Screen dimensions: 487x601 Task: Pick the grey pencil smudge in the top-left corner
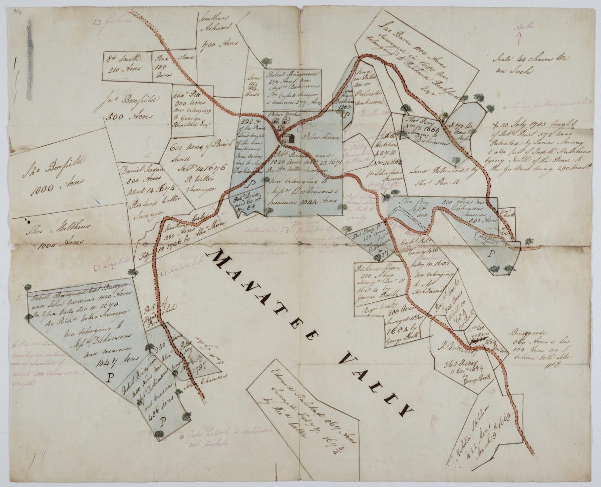30,60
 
